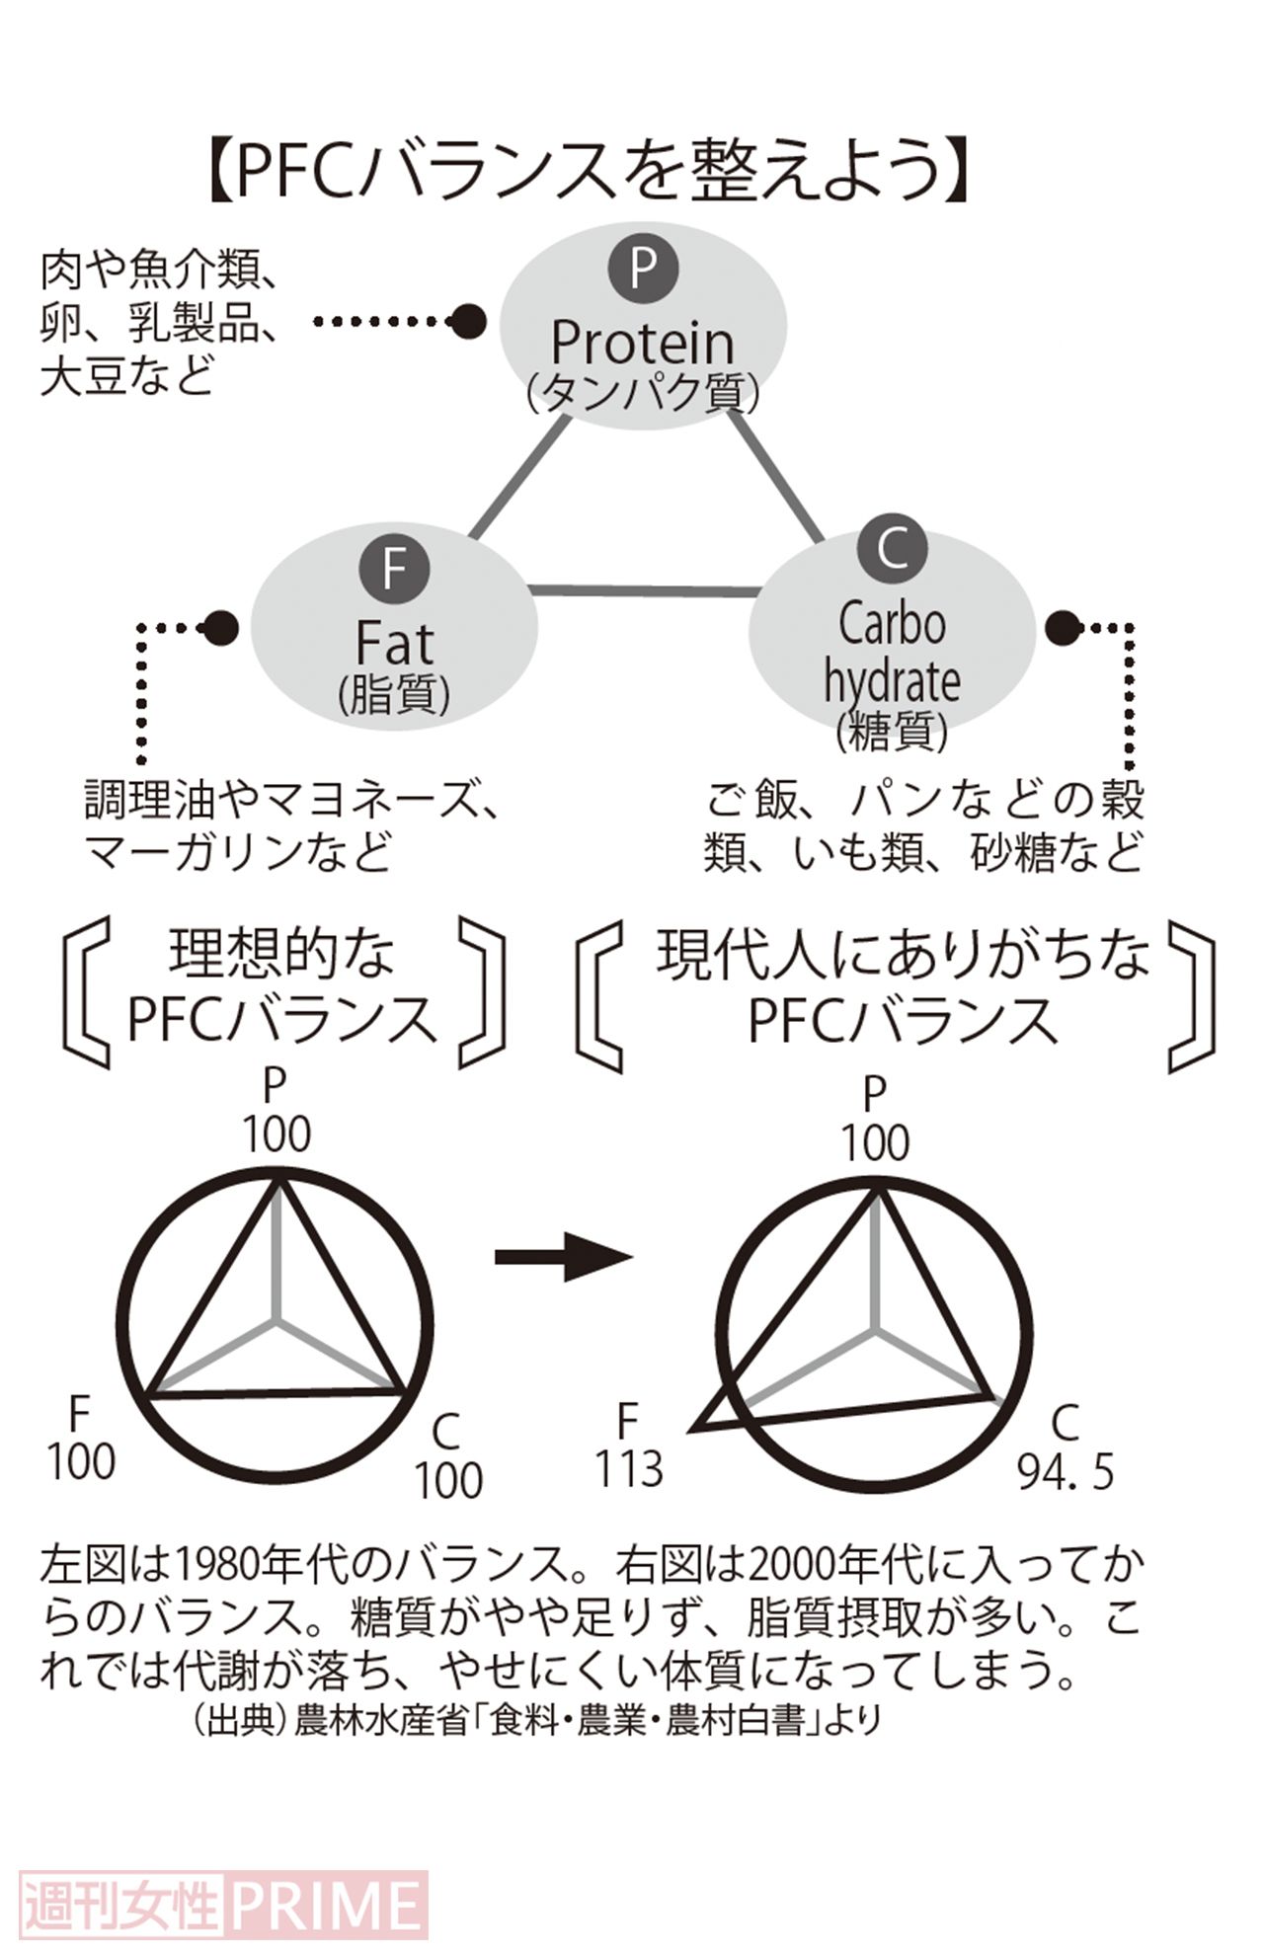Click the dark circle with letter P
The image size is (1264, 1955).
click(x=643, y=267)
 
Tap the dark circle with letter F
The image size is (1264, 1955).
click(x=394, y=570)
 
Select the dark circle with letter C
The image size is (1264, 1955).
click(x=892, y=548)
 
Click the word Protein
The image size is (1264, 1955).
click(x=642, y=343)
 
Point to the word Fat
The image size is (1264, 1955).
click(x=394, y=644)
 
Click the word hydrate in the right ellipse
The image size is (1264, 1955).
click(x=892, y=681)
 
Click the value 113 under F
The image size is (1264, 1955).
click(x=628, y=1469)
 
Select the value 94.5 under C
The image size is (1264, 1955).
click(x=1066, y=1472)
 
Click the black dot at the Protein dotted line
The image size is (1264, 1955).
click(x=467, y=321)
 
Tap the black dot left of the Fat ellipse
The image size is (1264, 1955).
click(x=219, y=627)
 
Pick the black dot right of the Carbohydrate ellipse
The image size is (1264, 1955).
click(x=1064, y=627)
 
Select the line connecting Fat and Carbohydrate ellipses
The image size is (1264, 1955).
click(x=644, y=590)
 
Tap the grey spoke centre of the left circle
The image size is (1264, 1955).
click(x=276, y=1319)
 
